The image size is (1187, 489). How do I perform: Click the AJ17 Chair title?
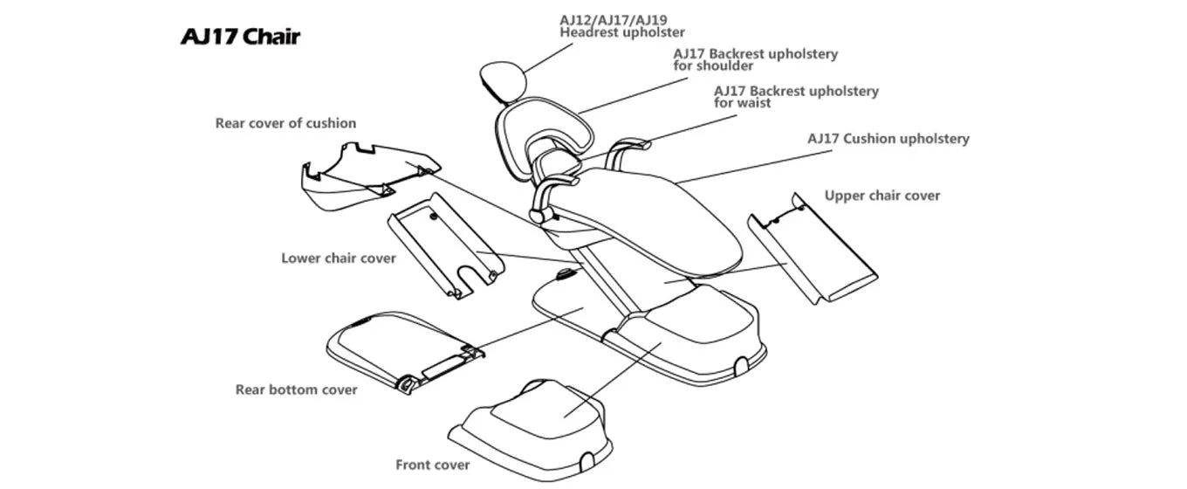(240, 37)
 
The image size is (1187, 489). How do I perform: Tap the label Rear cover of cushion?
(285, 123)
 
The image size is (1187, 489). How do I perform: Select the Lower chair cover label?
(338, 258)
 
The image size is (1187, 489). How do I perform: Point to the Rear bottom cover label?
(296, 389)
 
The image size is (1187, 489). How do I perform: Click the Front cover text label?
(432, 465)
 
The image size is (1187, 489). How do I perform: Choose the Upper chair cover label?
(882, 196)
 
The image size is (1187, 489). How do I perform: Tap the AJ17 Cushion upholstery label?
(888, 139)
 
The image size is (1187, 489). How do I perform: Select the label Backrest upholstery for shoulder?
(754, 59)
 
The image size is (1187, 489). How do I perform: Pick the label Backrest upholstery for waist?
(795, 96)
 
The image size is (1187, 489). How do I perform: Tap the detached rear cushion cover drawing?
(367, 175)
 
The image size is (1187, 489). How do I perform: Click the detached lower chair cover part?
(445, 244)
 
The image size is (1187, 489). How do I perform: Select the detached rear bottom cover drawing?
(401, 349)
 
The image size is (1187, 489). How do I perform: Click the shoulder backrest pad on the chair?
(541, 131)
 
